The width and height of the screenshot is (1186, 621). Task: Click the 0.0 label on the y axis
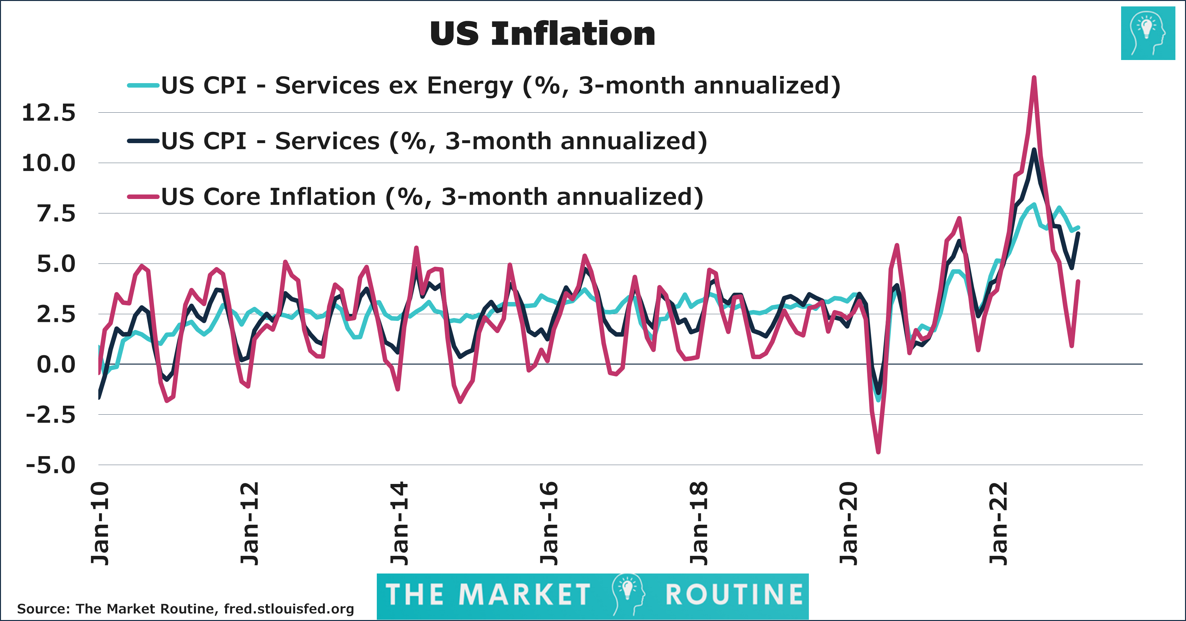tap(56, 365)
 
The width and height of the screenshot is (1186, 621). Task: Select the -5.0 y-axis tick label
tap(51, 466)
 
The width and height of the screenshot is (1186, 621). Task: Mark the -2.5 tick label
tap(51, 415)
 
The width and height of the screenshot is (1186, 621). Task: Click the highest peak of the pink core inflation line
tap(1034, 78)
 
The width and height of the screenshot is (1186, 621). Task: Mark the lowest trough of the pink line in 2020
tap(879, 452)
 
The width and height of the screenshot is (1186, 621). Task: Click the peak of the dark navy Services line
tap(1034, 150)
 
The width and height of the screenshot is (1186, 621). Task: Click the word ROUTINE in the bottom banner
tap(734, 594)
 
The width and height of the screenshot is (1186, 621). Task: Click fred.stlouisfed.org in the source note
tap(289, 609)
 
